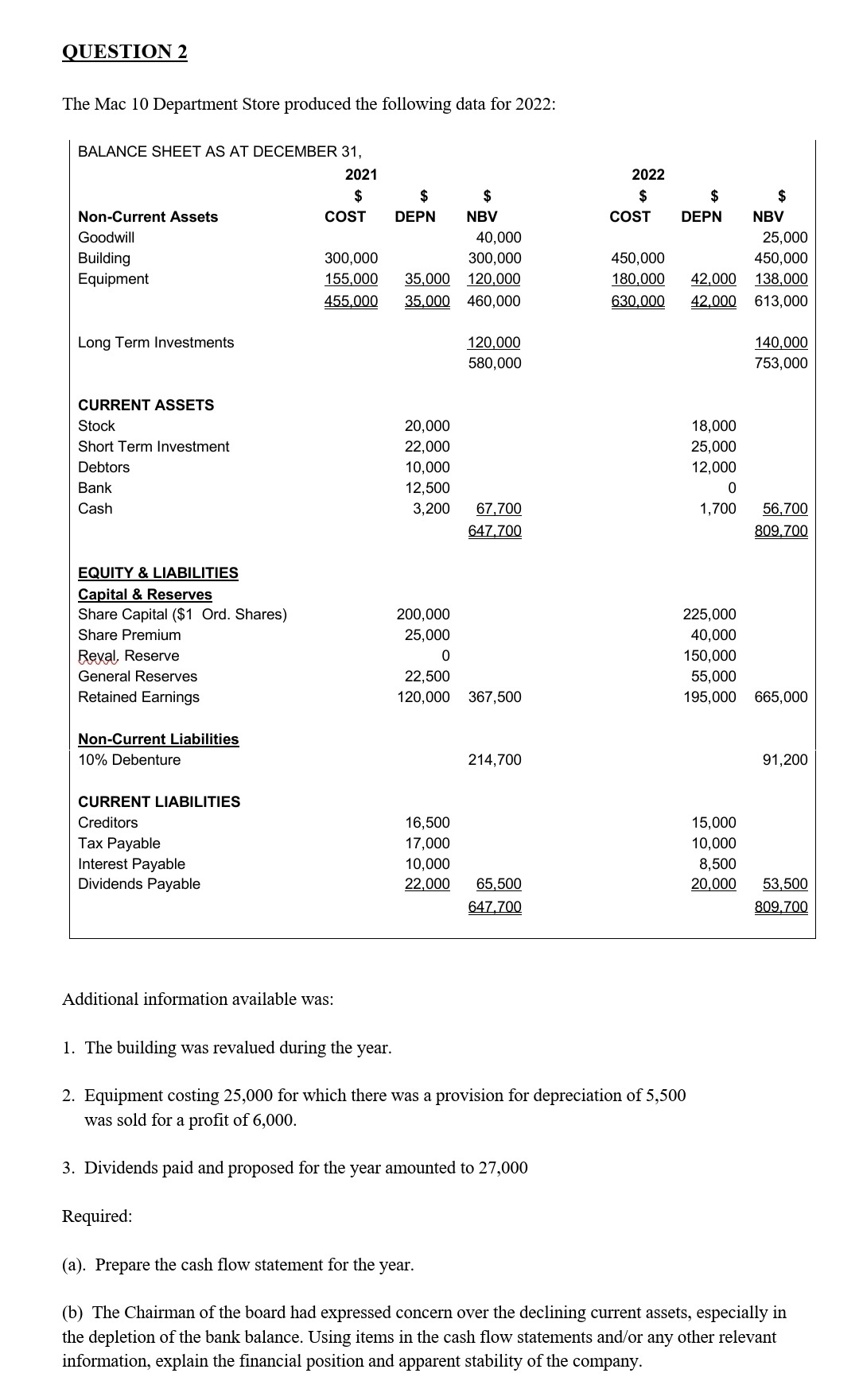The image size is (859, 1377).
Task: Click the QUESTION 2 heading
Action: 125,52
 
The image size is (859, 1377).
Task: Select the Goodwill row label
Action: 106,237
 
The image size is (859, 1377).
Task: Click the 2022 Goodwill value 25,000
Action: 784,237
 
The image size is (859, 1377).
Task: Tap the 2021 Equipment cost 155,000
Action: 351,279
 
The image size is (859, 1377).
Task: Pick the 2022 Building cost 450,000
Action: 637,258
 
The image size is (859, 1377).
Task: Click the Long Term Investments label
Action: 156,343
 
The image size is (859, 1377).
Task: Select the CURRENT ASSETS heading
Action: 146,405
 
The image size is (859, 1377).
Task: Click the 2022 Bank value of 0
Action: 731,488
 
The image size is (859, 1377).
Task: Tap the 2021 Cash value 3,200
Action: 431,509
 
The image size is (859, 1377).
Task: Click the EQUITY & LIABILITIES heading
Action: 157,573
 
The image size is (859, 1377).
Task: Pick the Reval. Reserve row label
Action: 128,656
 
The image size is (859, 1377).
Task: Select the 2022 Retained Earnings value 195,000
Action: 709,697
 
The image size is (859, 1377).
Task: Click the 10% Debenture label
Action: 129,760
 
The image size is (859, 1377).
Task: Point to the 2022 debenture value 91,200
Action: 784,760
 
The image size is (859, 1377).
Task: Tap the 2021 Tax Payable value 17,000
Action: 427,844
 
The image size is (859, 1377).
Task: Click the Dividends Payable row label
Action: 138,884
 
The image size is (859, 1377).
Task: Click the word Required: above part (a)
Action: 97,1216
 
